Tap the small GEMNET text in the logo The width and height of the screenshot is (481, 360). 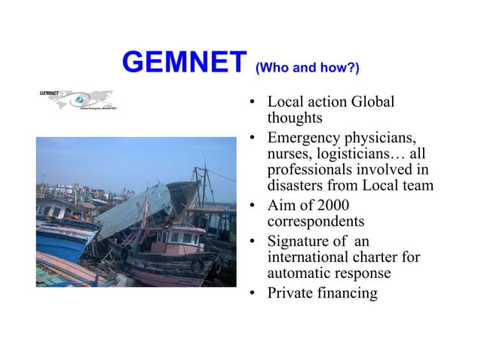50,92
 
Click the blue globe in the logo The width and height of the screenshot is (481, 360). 78,99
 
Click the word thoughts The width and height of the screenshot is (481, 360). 295,118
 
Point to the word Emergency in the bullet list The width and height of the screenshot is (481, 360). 303,139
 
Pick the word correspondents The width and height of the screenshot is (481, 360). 316,221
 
